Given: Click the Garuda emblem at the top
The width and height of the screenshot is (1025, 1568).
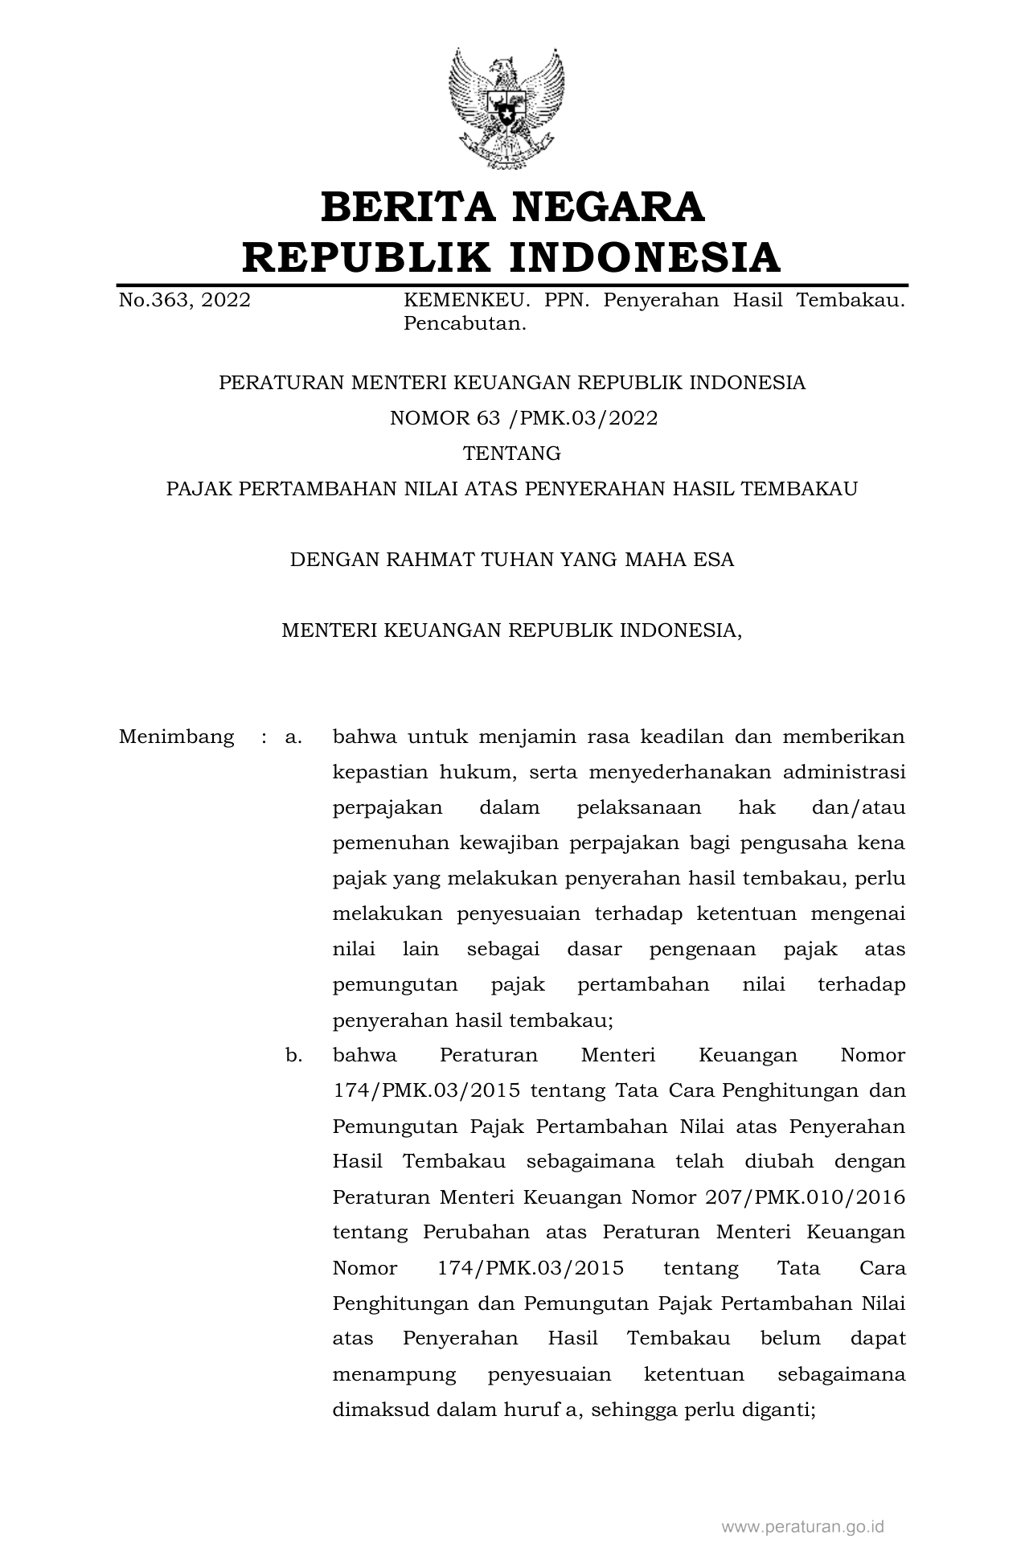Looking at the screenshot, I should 506,108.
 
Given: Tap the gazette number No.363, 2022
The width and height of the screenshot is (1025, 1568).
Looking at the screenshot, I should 184,301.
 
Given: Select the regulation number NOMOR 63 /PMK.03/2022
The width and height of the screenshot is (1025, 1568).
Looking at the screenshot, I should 523,418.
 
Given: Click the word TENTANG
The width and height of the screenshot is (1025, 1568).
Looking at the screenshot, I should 512,454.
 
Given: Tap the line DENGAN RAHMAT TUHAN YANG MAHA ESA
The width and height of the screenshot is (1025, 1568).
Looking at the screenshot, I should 512,560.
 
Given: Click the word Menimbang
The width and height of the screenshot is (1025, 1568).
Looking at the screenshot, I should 176,737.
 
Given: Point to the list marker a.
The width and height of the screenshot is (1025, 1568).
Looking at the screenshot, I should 293,737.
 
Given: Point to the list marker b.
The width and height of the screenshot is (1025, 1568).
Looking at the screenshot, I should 293,1055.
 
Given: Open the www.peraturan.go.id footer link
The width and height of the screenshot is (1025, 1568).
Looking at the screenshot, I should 803,1526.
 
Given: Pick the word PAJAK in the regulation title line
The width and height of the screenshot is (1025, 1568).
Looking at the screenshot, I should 198,489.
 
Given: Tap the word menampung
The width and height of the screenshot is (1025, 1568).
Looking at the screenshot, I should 394,1374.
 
